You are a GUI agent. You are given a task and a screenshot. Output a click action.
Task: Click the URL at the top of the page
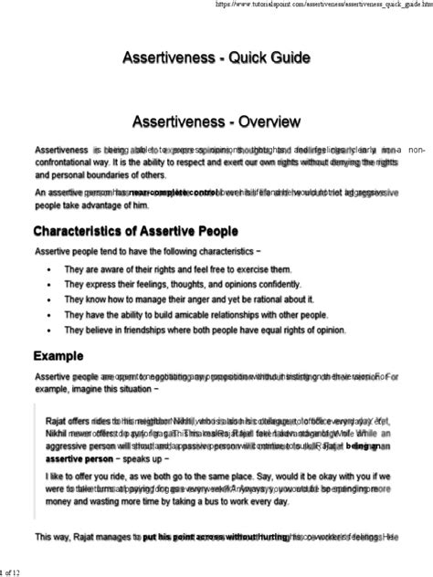tap(339, 5)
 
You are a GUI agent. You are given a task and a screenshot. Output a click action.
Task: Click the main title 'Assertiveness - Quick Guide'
tap(216, 58)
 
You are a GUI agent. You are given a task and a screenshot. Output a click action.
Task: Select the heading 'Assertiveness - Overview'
tap(216, 120)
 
